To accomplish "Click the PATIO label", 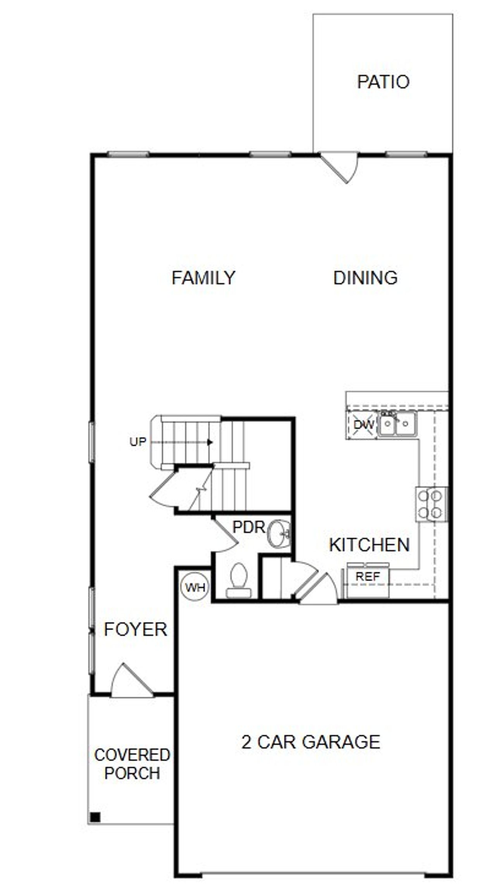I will (383, 82).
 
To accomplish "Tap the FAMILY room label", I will (203, 278).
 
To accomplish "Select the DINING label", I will (365, 278).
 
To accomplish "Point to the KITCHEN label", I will (369, 545).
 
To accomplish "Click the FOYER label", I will (136, 629).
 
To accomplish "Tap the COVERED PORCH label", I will (132, 764).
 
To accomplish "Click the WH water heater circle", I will (195, 587).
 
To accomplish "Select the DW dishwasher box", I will (363, 425).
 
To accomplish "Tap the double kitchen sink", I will (397, 424).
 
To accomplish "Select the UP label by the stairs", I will (138, 442).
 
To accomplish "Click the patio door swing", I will (341, 167).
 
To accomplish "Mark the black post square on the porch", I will (95, 816).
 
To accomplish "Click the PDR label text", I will (248, 527).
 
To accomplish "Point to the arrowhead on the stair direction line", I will (210, 442).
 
